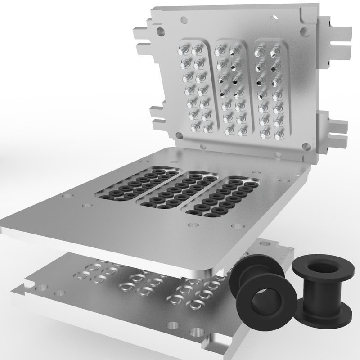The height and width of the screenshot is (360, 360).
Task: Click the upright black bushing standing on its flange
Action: (322, 292)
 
